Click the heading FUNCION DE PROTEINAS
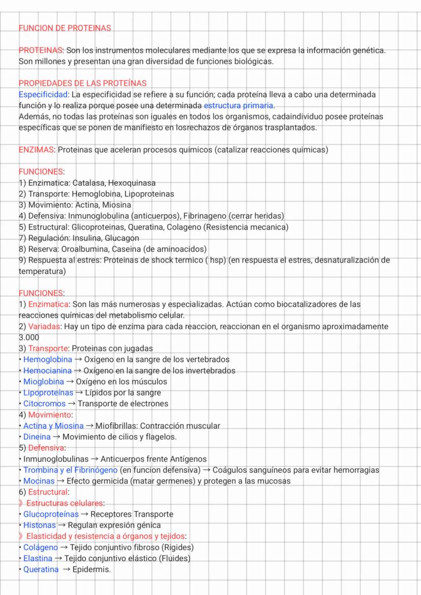pyautogui.click(x=65, y=28)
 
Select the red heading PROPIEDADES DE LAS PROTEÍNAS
pyautogui.click(x=82, y=83)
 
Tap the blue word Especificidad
pyautogui.click(x=43, y=95)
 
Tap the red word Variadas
pyautogui.click(x=44, y=326)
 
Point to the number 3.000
pyautogui.click(x=28, y=337)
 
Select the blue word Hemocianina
pyautogui.click(x=47, y=371)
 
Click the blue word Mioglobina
pyautogui.click(x=44, y=381)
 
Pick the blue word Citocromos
pyautogui.click(x=44, y=403)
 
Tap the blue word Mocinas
pyautogui.click(x=39, y=481)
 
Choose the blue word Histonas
pyautogui.click(x=40, y=525)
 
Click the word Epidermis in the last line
pyautogui.click(x=92, y=570)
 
